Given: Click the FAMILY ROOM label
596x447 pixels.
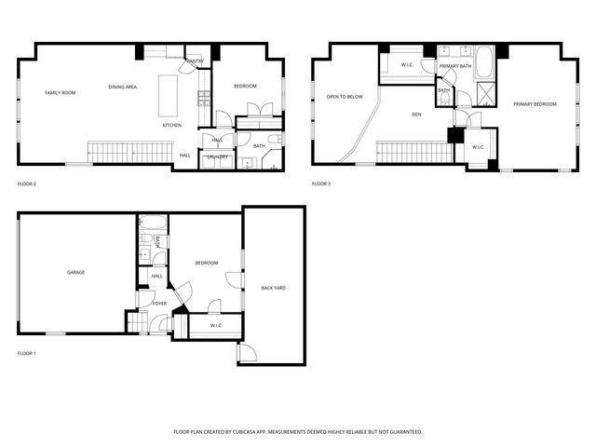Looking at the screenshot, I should click(x=61, y=93).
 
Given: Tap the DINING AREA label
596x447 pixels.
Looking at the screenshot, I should click(x=123, y=87).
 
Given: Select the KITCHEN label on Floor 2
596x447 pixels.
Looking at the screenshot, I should click(x=172, y=125).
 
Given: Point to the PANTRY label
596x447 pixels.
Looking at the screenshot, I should click(x=195, y=61).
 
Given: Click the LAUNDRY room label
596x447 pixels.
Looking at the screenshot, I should click(x=218, y=156).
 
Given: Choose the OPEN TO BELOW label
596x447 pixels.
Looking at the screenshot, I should click(x=345, y=96).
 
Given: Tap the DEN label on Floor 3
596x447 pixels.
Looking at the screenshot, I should click(x=417, y=115).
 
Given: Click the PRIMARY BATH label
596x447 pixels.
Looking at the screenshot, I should click(x=455, y=67).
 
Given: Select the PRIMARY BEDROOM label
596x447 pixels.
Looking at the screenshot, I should click(x=535, y=103).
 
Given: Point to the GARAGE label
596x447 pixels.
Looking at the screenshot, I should click(x=75, y=273).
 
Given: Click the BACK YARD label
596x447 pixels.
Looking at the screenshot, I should click(x=273, y=288).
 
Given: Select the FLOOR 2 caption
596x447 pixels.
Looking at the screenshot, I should click(x=27, y=184).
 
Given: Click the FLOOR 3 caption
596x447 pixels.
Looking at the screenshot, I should click(x=321, y=184).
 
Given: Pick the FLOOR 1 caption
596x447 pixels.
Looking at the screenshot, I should click(x=27, y=354).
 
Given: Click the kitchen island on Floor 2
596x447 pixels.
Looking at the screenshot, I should click(x=169, y=93).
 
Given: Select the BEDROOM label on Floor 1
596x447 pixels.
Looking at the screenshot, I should click(x=206, y=264).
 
